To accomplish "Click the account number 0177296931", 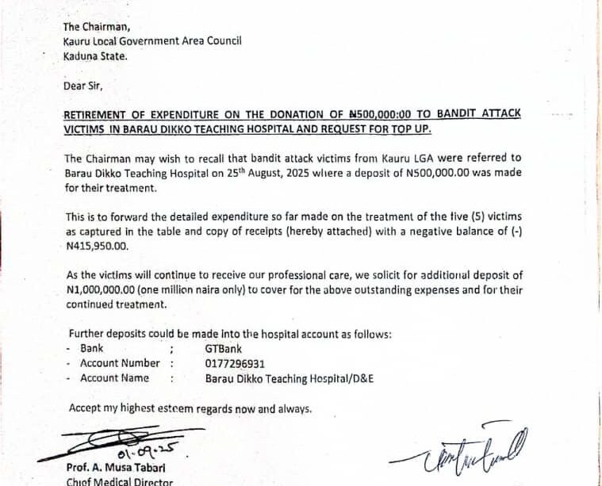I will [235, 364].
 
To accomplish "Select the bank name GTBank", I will [224, 349].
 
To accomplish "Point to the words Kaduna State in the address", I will [94, 56].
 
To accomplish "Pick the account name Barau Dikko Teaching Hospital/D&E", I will [289, 379].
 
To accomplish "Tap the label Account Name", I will [115, 379].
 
